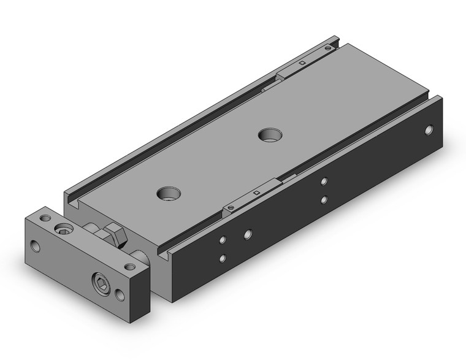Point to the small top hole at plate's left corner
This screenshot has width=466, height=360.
[44, 218]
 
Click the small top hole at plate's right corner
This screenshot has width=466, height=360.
[129, 267]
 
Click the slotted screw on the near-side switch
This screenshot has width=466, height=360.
[230, 208]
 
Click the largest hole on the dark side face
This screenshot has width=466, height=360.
[248, 234]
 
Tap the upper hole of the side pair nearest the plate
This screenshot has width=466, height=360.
[223, 239]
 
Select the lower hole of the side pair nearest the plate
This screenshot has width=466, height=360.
[223, 258]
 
